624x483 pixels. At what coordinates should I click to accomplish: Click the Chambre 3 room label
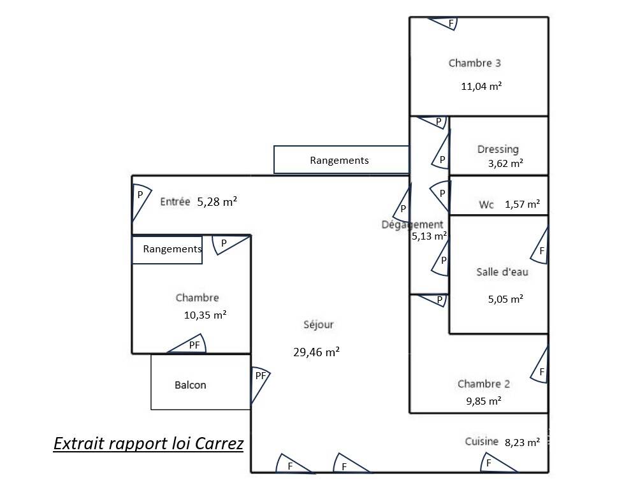click(474, 63)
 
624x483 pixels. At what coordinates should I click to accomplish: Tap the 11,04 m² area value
click(481, 86)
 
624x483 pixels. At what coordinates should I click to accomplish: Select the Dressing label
click(498, 149)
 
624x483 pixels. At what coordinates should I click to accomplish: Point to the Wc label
click(486, 205)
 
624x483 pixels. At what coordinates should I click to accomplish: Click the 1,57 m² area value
click(522, 204)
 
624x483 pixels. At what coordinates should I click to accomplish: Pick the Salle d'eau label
click(502, 271)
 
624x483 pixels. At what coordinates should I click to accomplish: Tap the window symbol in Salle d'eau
click(540, 245)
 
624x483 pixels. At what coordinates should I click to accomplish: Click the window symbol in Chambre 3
click(442, 23)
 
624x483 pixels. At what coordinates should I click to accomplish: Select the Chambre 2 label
click(484, 384)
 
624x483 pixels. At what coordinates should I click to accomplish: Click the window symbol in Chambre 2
click(540, 364)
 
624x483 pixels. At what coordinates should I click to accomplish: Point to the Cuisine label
click(481, 441)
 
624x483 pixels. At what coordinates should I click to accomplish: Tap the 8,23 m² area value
click(522, 442)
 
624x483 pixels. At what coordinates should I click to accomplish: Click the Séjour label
click(318, 324)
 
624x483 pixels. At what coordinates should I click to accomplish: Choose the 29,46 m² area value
click(316, 352)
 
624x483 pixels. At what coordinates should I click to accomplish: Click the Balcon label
click(190, 385)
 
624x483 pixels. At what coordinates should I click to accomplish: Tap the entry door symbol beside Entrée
click(141, 202)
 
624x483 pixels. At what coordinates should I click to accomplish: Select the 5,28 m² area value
click(217, 201)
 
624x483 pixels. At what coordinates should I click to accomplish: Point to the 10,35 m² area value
click(205, 315)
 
